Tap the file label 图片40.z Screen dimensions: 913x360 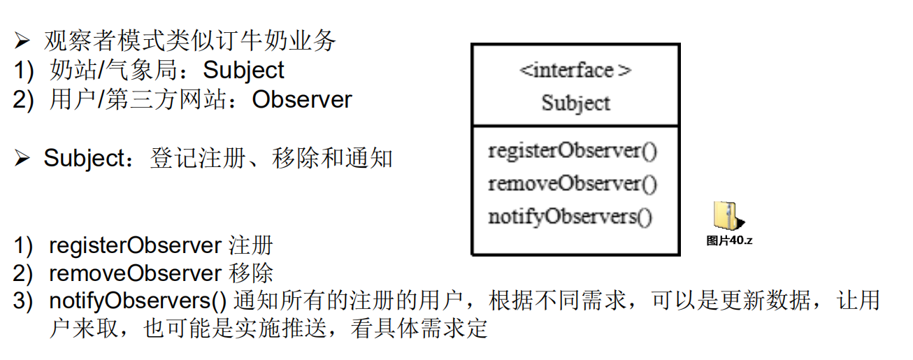[x=728, y=241]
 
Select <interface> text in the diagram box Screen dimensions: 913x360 [x=575, y=71]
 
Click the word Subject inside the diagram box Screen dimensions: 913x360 [x=575, y=103]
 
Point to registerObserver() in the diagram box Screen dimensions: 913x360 [x=573, y=151]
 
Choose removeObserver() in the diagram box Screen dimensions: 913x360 [x=573, y=184]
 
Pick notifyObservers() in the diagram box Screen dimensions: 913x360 [x=570, y=217]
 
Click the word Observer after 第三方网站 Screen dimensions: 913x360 [x=302, y=100]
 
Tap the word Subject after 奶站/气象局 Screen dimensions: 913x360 [x=244, y=71]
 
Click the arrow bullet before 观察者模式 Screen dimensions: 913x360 [x=22, y=42]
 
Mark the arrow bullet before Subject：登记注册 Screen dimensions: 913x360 [x=22, y=159]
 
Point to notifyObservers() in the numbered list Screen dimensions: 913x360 [x=138, y=301]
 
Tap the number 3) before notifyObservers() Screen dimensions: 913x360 [x=23, y=301]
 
